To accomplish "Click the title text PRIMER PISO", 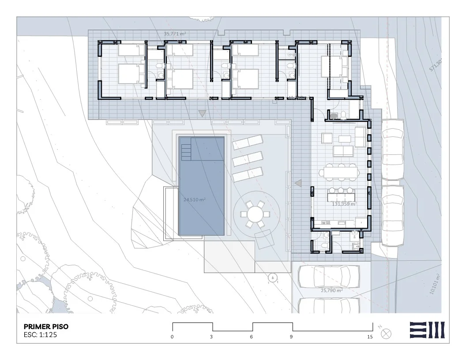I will click(45, 327).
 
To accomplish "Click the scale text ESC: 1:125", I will click(40, 335).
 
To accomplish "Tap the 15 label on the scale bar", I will click(370, 337).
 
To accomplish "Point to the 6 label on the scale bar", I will click(252, 337).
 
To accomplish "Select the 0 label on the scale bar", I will click(172, 337).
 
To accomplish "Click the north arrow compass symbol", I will click(386, 333).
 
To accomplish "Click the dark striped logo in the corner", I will click(427, 330).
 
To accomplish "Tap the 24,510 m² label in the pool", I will click(195, 199).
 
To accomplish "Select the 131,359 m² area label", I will click(343, 204).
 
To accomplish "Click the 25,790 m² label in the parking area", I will click(332, 291).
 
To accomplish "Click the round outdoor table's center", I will click(255, 214).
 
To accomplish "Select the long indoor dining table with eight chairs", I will click(340, 171).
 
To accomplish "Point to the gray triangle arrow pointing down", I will click(202, 114).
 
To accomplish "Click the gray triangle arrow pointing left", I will click(298, 183).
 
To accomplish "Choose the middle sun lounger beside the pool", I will click(247, 158).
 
